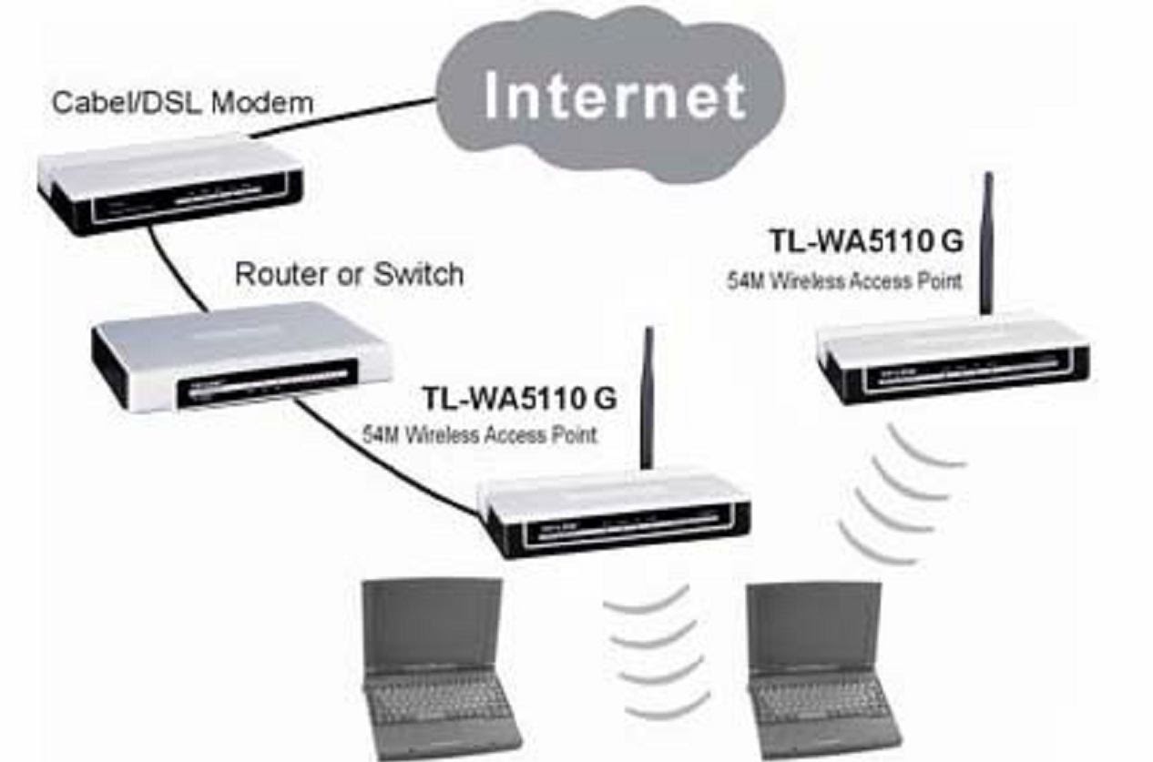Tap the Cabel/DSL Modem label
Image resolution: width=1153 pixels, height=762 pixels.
(x=182, y=101)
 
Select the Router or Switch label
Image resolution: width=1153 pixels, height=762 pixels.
(x=349, y=273)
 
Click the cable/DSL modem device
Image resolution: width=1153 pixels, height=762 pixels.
(x=168, y=187)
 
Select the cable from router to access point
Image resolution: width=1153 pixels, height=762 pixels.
(x=383, y=455)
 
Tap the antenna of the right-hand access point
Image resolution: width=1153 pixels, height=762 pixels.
(x=986, y=246)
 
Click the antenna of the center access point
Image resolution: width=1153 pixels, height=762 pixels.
(x=648, y=401)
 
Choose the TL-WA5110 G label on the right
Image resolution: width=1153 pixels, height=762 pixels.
(x=866, y=241)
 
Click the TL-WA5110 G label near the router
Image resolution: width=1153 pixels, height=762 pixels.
(x=519, y=398)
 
